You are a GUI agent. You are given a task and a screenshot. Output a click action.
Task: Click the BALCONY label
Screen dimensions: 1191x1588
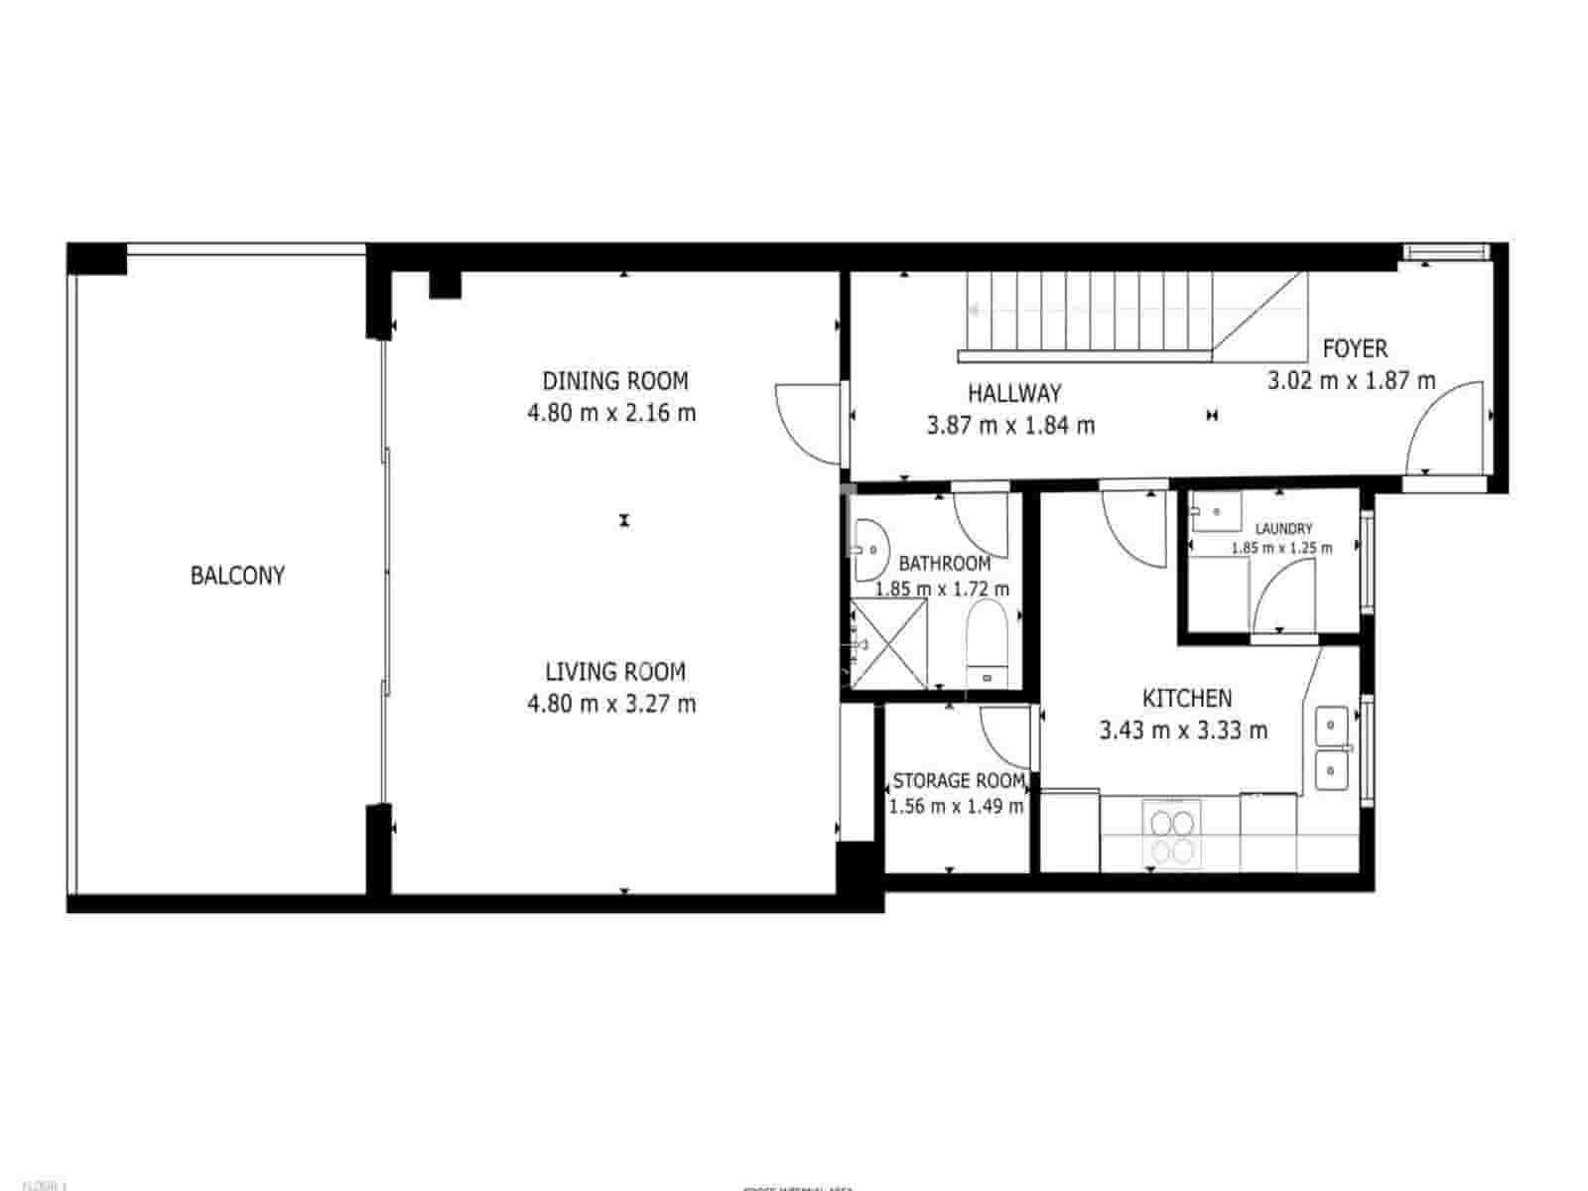point(237,576)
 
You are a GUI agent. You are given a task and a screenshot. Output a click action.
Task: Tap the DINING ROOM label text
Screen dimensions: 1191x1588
point(614,381)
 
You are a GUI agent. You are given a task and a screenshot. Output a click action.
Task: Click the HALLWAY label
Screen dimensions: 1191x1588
point(1014,393)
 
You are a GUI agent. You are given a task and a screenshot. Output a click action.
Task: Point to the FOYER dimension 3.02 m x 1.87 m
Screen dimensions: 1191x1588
point(1351,380)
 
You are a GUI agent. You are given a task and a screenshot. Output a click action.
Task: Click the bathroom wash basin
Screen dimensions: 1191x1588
point(870,548)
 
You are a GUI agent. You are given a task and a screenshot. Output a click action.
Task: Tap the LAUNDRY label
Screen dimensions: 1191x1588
point(1283,529)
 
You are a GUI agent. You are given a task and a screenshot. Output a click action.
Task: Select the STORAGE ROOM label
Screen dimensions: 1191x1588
point(958,781)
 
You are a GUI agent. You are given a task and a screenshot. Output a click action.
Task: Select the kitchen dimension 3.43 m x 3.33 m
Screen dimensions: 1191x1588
point(1183,731)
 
